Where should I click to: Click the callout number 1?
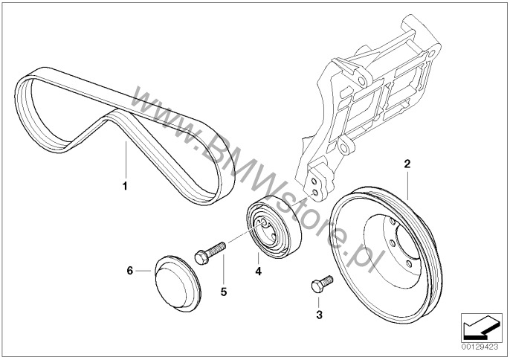coord(126,183)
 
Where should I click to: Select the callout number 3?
coord(319,315)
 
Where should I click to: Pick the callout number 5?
coord(223,292)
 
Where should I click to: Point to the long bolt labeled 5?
coord(210,251)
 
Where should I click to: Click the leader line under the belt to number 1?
coord(126,160)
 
